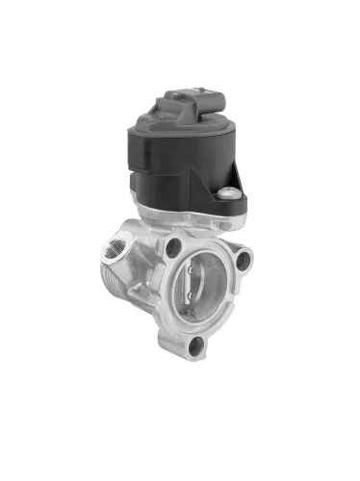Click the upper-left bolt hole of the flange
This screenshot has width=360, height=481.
coord(173,246)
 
